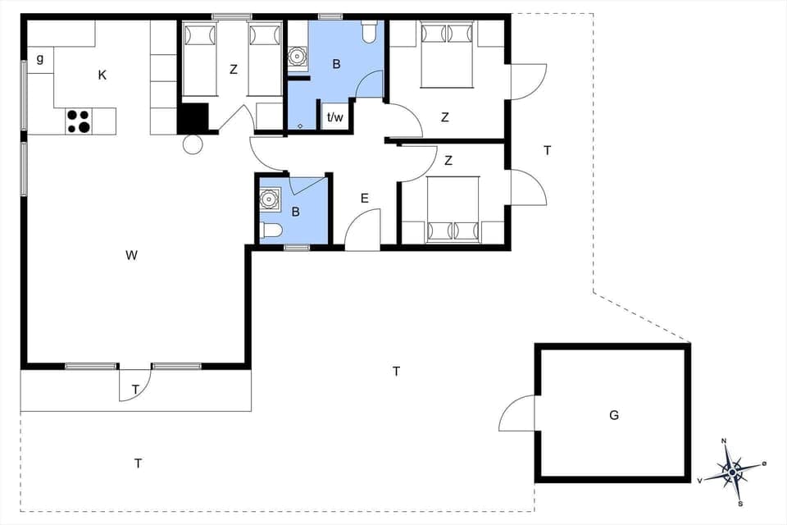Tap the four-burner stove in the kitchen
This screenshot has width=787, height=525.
[x=79, y=121]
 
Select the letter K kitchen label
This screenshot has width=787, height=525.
[x=102, y=75]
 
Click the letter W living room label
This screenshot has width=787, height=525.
[x=131, y=255]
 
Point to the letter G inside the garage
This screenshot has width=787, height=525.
[x=613, y=415]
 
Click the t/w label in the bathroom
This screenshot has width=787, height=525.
[x=335, y=117]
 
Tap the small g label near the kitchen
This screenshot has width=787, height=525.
[x=39, y=58]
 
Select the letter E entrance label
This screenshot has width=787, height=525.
[x=364, y=198]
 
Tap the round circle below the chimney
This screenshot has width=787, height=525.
[x=192, y=145]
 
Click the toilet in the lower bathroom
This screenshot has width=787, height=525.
[x=271, y=231]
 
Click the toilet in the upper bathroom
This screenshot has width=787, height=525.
[x=368, y=31]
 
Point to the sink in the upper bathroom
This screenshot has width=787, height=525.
[x=297, y=57]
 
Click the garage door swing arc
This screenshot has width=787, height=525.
[x=516, y=413]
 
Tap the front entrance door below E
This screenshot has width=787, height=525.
[x=363, y=231]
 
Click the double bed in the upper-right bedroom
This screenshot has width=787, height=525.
[x=447, y=54]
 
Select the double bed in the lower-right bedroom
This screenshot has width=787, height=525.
[x=453, y=209]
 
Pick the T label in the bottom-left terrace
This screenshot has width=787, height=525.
[x=138, y=463]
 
